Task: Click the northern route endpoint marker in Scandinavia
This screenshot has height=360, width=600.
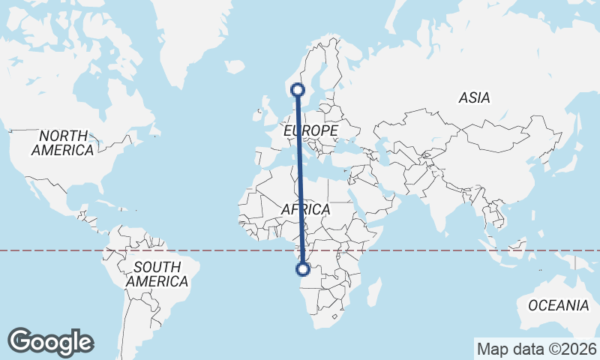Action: pyautogui.click(x=298, y=89)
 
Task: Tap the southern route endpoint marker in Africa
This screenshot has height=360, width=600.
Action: pyautogui.click(x=303, y=269)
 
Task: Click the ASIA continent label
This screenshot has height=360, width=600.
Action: pyautogui.click(x=474, y=97)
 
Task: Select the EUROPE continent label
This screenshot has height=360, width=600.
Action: pyautogui.click(x=311, y=131)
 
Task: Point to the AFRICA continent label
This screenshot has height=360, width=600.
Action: pyautogui.click(x=306, y=209)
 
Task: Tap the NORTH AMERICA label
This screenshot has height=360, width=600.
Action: pyautogui.click(x=63, y=142)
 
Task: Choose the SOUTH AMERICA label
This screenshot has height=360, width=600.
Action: pyautogui.click(x=157, y=274)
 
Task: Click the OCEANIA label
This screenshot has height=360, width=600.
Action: pyautogui.click(x=558, y=305)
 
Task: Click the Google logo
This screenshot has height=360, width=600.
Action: pyautogui.click(x=50, y=342)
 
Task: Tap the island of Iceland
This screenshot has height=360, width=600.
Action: pyautogui.click(x=234, y=67)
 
